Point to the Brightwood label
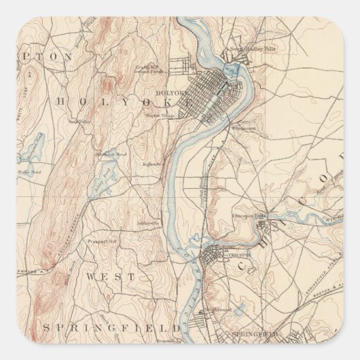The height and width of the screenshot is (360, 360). [x=215, y=310]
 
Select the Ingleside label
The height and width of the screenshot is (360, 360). [x=151, y=164]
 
